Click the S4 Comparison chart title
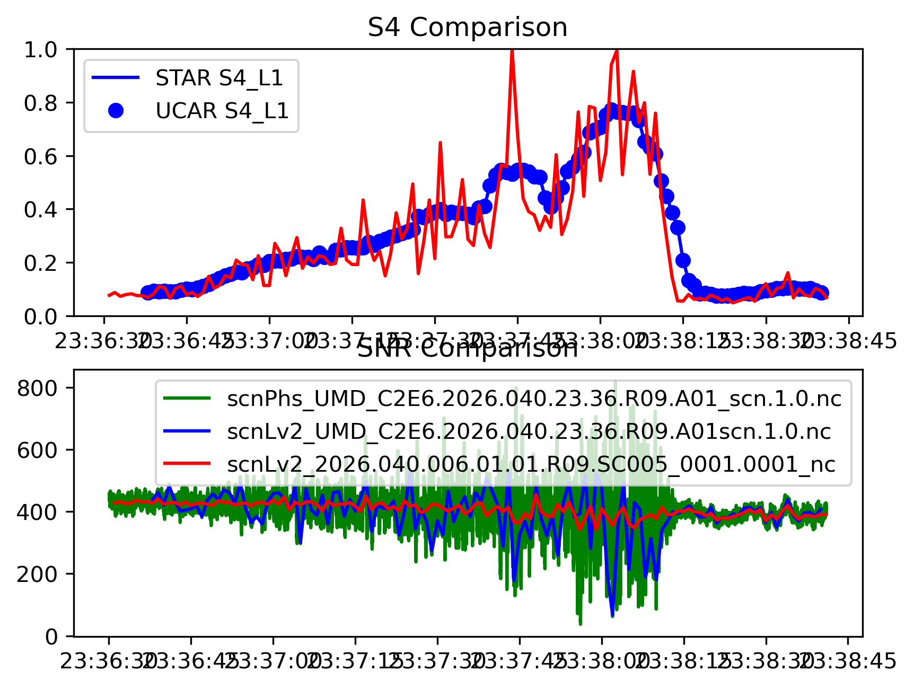467,28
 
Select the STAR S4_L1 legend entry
219,78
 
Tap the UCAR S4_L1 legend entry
222,111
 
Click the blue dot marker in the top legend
116,111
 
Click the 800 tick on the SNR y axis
37,388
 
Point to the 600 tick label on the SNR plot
37,450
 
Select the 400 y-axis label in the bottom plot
37,512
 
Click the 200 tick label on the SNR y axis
37,574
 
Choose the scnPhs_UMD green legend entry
534,398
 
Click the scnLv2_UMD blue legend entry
529,431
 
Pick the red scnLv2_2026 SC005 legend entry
531,464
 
